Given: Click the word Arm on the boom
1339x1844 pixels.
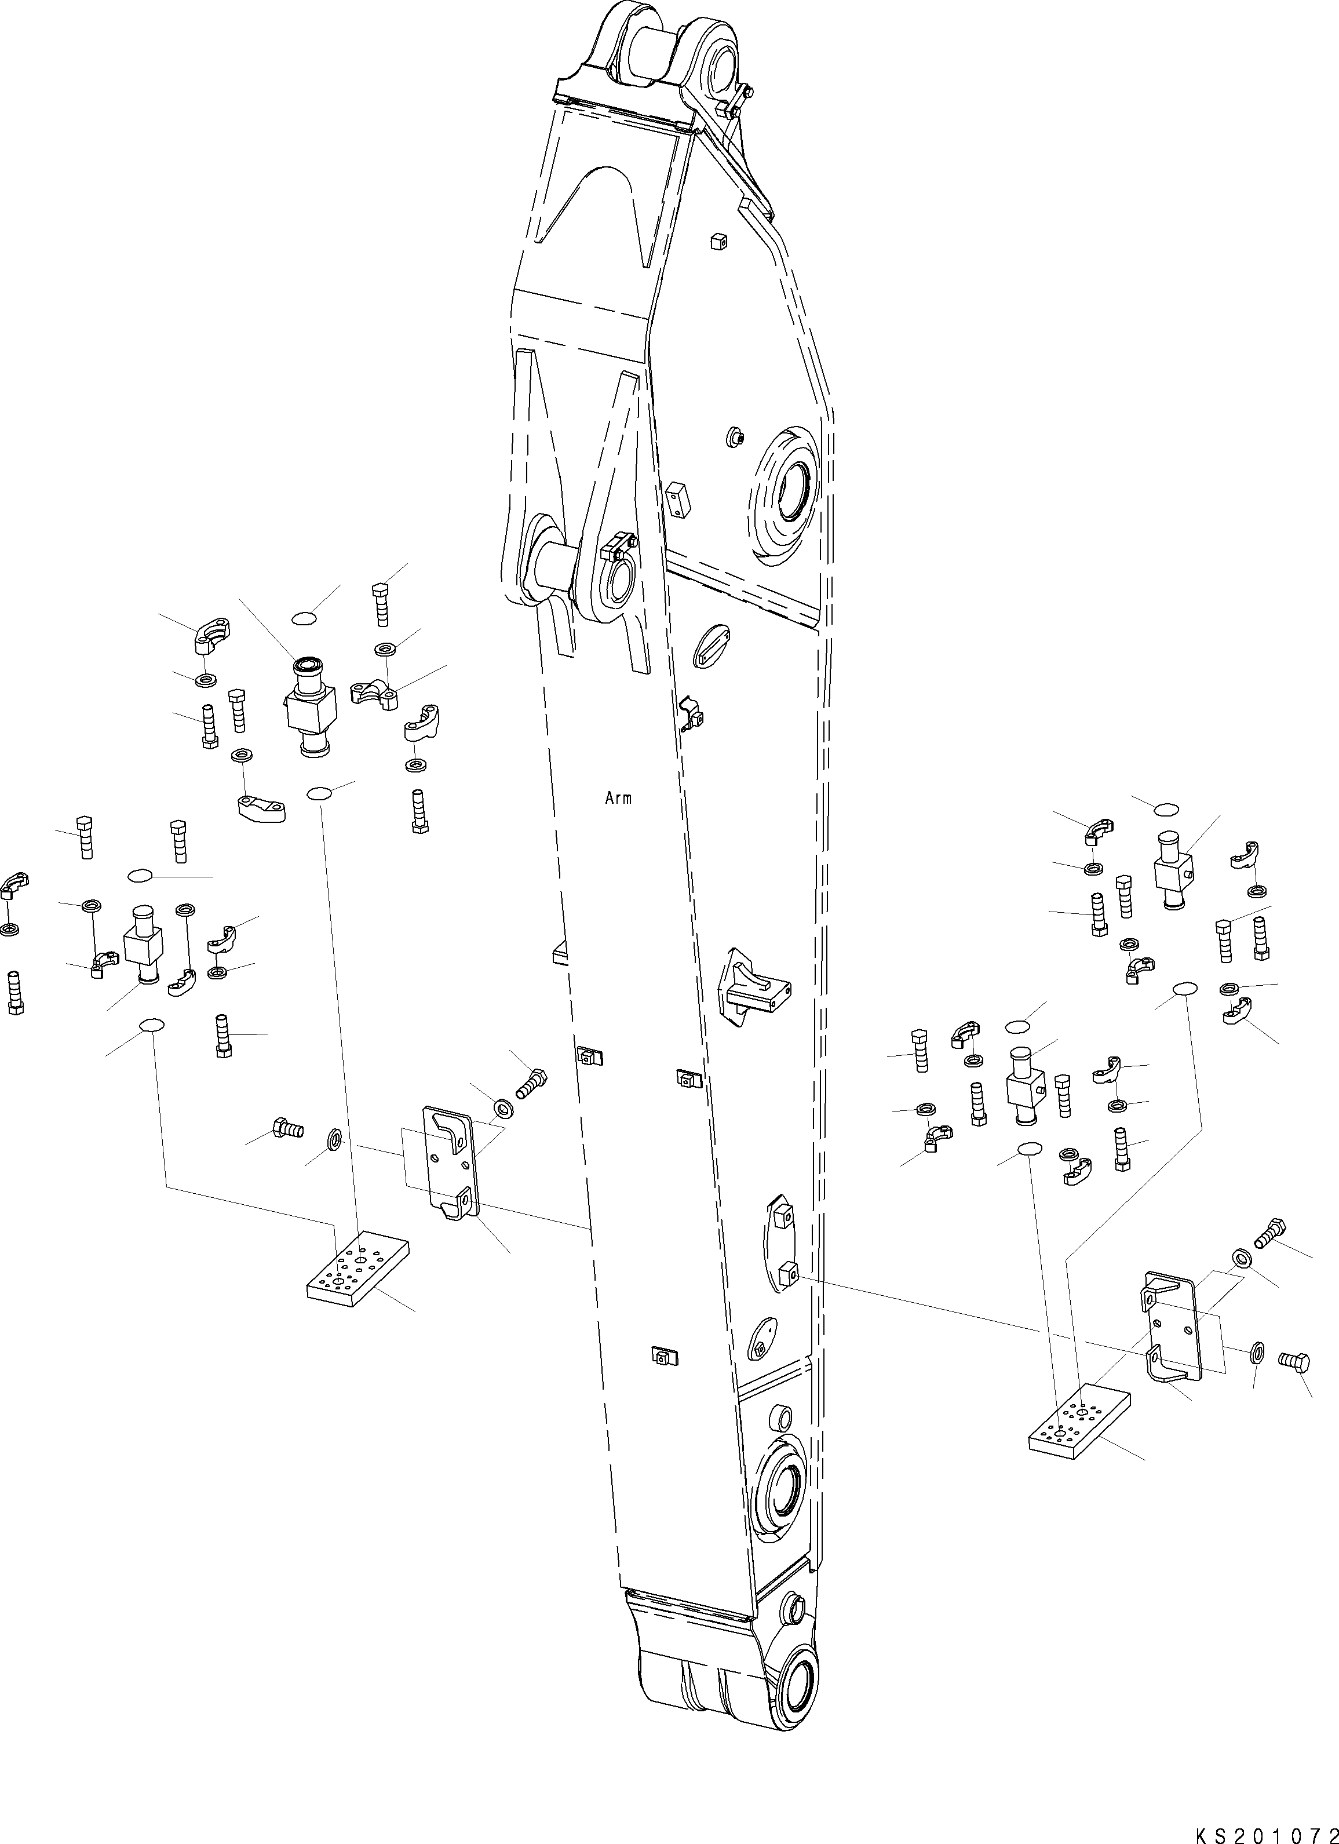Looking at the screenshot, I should click(x=618, y=799).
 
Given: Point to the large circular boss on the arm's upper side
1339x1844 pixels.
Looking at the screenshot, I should click(x=787, y=494).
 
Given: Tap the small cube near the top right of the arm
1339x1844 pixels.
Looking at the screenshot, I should click(x=717, y=240).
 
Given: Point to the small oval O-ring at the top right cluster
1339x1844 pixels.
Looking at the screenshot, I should click(x=1166, y=809).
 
